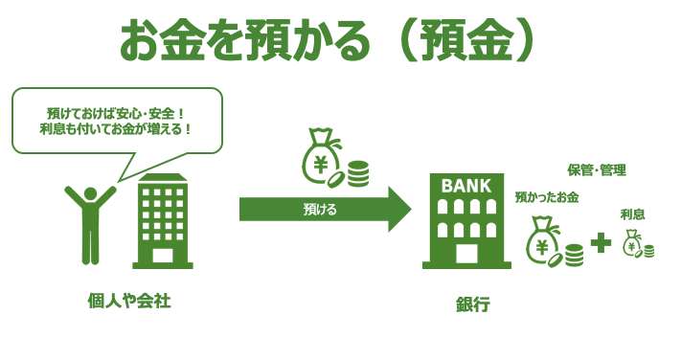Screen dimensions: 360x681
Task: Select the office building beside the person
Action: pyautogui.click(x=163, y=221)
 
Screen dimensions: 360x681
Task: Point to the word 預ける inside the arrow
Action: pyautogui.click(x=320, y=208)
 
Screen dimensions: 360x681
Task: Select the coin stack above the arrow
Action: pyautogui.click(x=358, y=173)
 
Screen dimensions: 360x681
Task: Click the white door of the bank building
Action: pyautogui.click(x=466, y=252)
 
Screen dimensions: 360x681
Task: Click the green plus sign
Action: pyautogui.click(x=601, y=243)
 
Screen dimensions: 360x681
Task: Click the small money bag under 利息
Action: pyautogui.click(x=632, y=243)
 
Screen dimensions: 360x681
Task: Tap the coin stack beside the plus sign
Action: pyautogui.click(x=574, y=255)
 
